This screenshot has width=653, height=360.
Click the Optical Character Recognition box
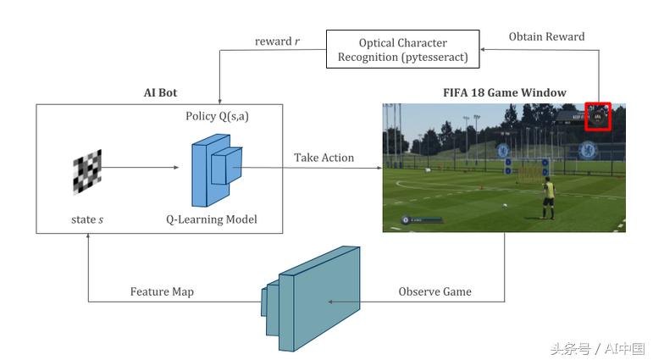[403, 50]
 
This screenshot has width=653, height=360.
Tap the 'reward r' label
[277, 41]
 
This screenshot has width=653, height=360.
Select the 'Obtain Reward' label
[546, 36]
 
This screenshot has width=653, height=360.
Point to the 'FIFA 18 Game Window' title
[505, 92]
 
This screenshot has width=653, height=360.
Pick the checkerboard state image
[86, 170]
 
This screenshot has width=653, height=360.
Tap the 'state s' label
[88, 220]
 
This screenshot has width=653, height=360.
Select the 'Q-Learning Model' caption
[211, 220]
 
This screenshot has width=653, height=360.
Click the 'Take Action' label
[324, 158]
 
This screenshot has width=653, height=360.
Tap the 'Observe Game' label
[434, 291]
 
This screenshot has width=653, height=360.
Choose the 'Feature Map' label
[162, 291]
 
